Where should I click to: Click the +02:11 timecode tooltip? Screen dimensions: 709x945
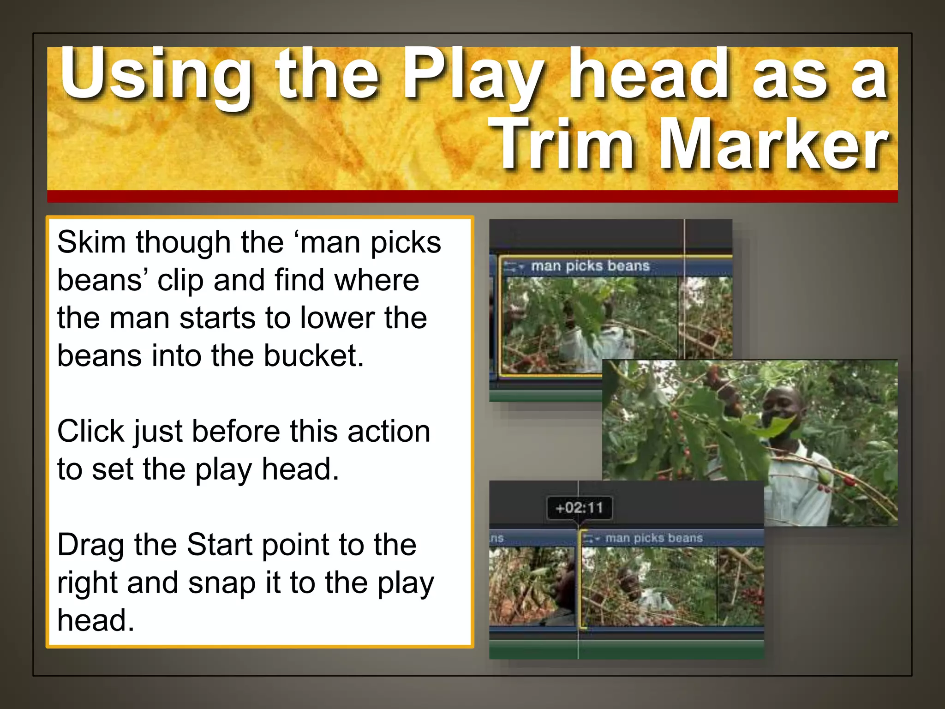click(579, 508)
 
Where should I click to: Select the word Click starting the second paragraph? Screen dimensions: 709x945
click(90, 432)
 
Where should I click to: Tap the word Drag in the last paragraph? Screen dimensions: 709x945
click(90, 545)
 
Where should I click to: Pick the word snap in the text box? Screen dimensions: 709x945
click(222, 583)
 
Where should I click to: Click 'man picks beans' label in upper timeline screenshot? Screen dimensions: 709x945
click(590, 266)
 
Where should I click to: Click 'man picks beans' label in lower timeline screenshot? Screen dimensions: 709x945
click(654, 538)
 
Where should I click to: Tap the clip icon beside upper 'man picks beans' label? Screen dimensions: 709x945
click(512, 266)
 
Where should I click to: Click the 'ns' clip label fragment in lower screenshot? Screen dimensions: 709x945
click(497, 538)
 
